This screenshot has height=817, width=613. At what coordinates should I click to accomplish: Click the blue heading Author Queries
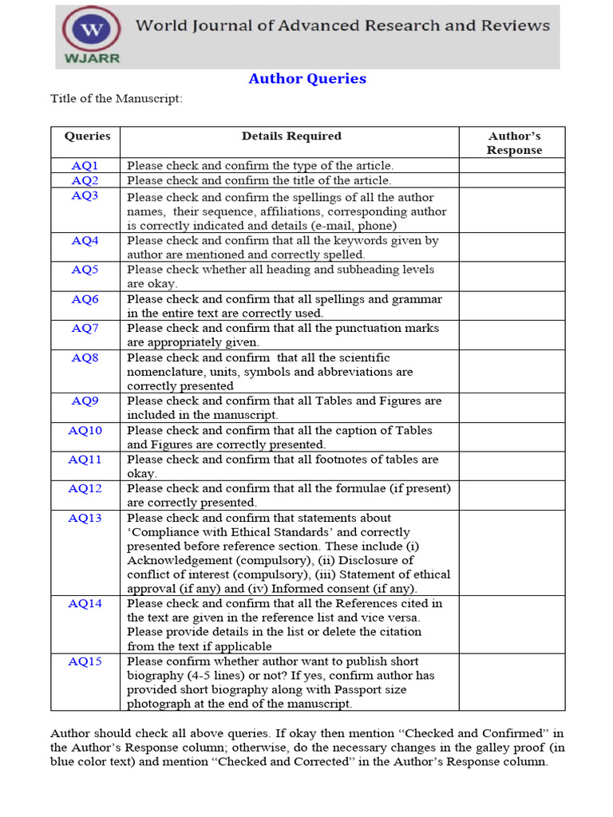pos(307,78)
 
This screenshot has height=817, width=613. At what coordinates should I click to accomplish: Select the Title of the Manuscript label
pos(117,99)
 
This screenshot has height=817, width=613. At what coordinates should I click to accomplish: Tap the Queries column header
pos(87,136)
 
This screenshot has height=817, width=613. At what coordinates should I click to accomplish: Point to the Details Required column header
pos(291,136)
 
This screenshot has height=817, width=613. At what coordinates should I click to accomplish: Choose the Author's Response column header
pos(514,143)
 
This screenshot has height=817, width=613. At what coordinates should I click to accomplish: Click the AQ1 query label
pos(85,166)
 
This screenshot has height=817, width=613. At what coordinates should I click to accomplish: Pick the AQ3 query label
pos(85,195)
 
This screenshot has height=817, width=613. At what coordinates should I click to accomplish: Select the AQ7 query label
pos(85,328)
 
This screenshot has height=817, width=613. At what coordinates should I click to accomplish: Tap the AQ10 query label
pos(85,430)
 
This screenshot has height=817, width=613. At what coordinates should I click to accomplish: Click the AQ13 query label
pos(85,518)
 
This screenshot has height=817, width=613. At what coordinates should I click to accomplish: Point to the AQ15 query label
pos(85,661)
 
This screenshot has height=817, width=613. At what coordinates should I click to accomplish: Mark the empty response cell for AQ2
pos(512,181)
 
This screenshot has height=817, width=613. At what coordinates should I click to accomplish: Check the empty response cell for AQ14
pos(512,625)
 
